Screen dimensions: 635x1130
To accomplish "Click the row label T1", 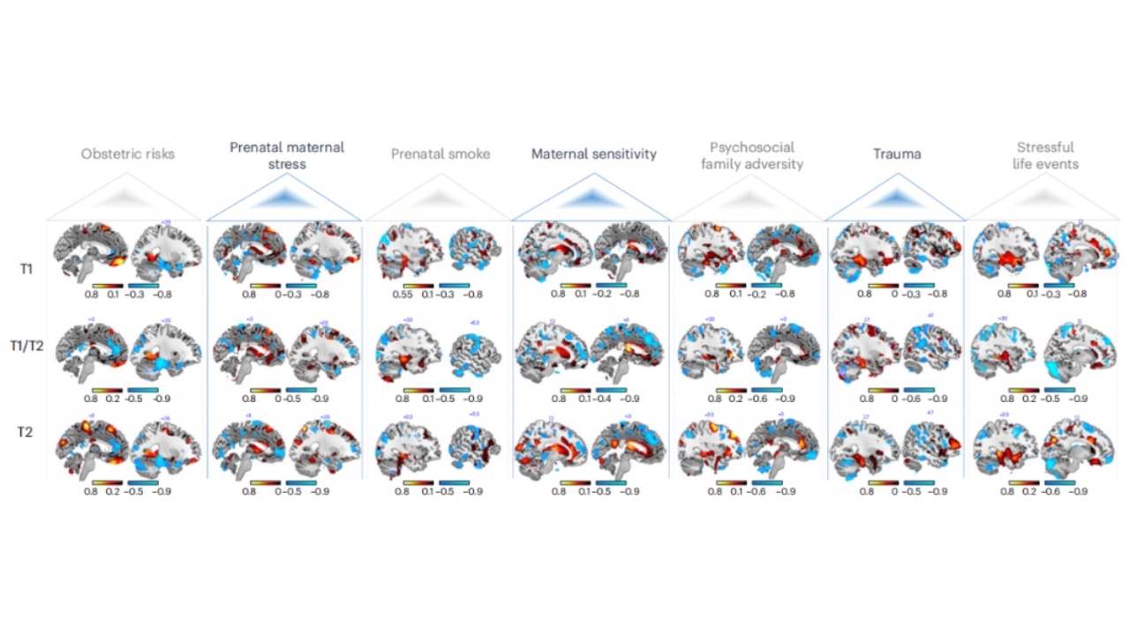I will pyautogui.click(x=27, y=268).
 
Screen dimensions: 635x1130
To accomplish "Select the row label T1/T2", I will pyautogui.click(x=27, y=346).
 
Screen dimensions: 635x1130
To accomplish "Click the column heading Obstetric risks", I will pyautogui.click(x=127, y=153).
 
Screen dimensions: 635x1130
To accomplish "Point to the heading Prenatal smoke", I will pyautogui.click(x=441, y=153).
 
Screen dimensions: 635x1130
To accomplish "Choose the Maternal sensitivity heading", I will pyautogui.click(x=593, y=153).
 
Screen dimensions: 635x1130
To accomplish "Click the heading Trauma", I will pyautogui.click(x=897, y=153).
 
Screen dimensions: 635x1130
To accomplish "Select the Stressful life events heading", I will pyautogui.click(x=1045, y=155).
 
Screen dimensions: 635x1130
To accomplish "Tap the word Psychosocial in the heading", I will pyautogui.click(x=751, y=147).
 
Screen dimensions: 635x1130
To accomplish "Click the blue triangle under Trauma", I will pyautogui.click(x=897, y=198).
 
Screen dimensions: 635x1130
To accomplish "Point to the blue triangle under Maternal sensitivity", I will pyautogui.click(x=593, y=198).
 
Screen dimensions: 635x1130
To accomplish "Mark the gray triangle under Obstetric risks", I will pyautogui.click(x=127, y=198).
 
